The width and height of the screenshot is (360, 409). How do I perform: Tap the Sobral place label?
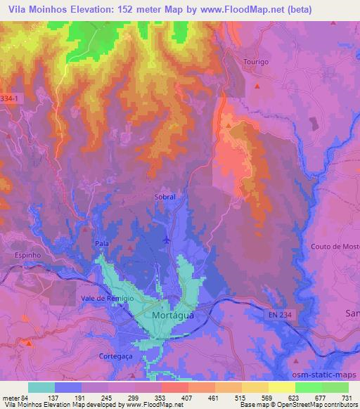coord(165,197)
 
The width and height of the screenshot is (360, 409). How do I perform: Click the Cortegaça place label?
coord(115,356)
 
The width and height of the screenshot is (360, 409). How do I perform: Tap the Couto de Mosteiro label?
coord(335,247)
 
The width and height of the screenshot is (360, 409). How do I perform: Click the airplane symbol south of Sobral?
coord(166,240)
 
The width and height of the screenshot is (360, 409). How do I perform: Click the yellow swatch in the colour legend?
coord(281,387)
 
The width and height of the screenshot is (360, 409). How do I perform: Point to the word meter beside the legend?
coord(9,398)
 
